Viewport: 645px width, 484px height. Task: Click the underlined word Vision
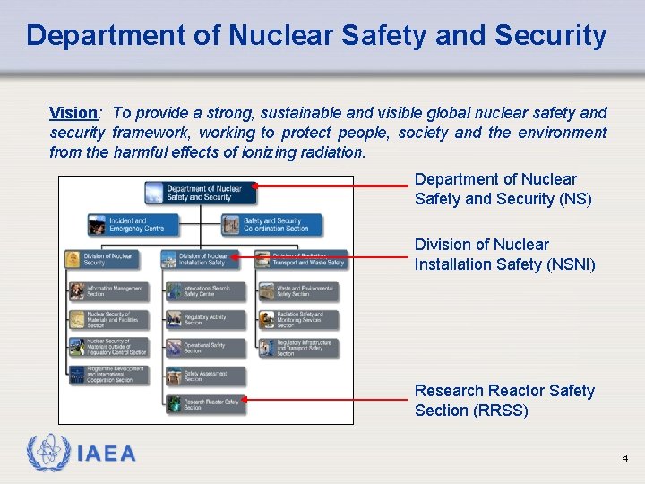(73, 113)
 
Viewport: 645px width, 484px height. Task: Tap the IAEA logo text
(107, 454)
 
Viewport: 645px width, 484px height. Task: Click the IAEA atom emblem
(48, 454)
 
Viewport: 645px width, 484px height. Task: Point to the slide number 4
(625, 459)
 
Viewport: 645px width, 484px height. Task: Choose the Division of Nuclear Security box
(99, 259)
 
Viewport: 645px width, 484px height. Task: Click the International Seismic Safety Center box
(205, 290)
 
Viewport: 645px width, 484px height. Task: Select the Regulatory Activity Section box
(205, 319)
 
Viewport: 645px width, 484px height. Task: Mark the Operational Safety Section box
(205, 348)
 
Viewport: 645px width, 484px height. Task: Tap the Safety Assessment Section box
(205, 376)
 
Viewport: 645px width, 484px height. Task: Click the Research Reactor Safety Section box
(205, 404)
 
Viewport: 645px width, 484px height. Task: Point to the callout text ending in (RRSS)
(503, 401)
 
